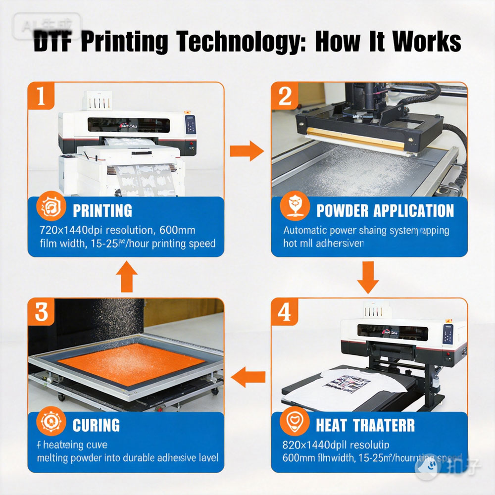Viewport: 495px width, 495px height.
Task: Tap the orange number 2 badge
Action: [x=285, y=97]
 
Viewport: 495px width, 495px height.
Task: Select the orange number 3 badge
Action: [x=42, y=312]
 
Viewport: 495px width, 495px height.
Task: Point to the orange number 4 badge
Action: [x=285, y=312]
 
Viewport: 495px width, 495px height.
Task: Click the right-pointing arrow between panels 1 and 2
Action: [x=247, y=150]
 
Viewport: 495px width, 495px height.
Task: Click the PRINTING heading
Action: [x=102, y=211]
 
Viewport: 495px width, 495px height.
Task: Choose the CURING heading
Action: [x=96, y=425]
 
